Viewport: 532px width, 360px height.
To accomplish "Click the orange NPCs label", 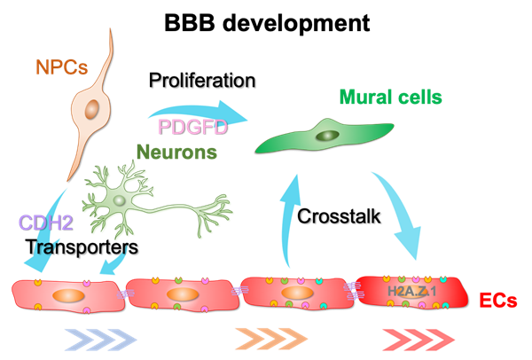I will click(x=62, y=67).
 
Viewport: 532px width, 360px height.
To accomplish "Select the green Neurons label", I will click(x=176, y=152).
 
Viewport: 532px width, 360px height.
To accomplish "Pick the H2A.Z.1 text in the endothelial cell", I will click(x=412, y=290).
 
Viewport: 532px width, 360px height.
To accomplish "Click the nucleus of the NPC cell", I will click(x=92, y=109).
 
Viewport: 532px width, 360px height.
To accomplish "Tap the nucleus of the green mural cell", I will click(x=327, y=135).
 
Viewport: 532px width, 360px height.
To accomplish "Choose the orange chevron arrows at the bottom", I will click(x=270, y=338).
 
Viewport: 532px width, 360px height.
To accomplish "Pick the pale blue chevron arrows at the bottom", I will click(x=100, y=338).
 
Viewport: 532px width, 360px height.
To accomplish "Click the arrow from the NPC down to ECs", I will click(x=49, y=230).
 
